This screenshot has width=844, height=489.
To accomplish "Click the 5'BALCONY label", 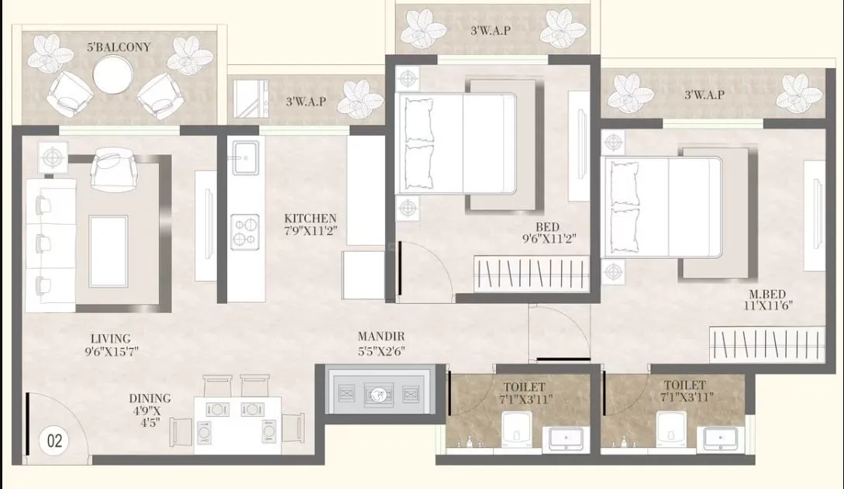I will pyautogui.click(x=119, y=47).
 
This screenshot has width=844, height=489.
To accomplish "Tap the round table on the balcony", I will pyautogui.click(x=114, y=74).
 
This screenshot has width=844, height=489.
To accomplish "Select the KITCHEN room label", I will pyautogui.click(x=310, y=219).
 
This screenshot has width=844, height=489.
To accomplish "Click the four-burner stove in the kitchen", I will pyautogui.click(x=245, y=232).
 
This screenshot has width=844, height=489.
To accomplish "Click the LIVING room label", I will pyautogui.click(x=110, y=339).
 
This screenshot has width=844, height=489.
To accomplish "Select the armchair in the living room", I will pyautogui.click(x=113, y=170).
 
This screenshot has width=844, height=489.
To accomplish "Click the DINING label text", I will pyautogui.click(x=150, y=398).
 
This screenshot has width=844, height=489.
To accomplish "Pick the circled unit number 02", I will pyautogui.click(x=54, y=441).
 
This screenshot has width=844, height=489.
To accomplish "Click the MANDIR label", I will pyautogui.click(x=381, y=336).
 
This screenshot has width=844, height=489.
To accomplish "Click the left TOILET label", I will pyautogui.click(x=524, y=386).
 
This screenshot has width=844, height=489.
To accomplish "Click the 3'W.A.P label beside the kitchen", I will pyautogui.click(x=305, y=101).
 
